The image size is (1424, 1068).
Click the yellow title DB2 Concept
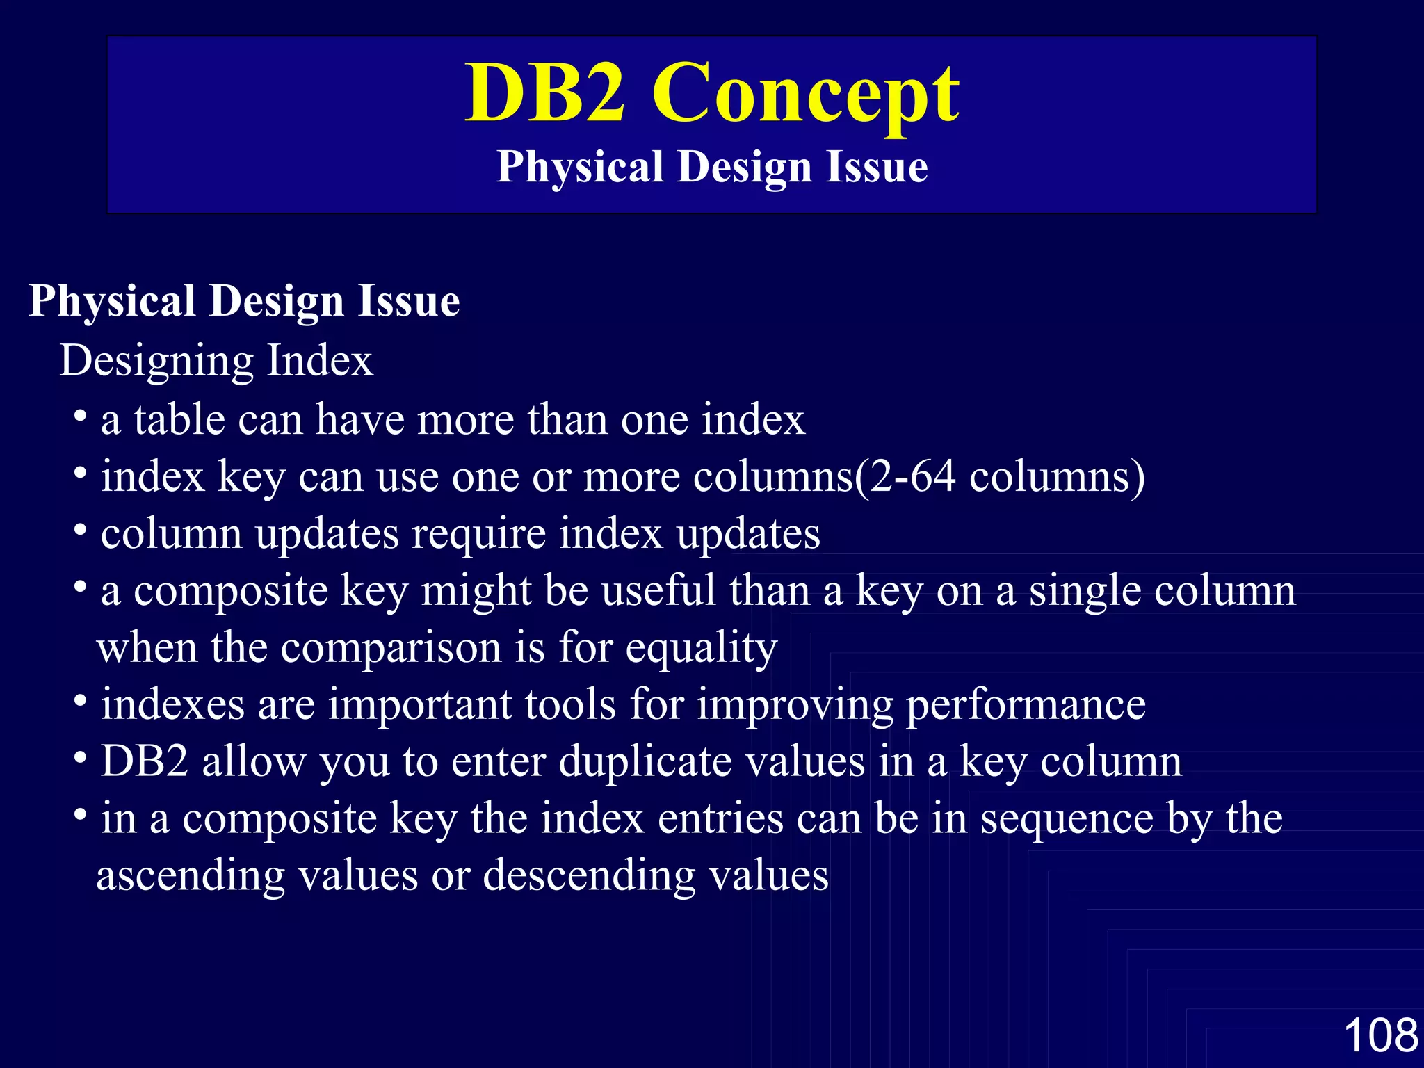coord(712,94)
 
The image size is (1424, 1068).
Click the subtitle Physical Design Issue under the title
coord(712,168)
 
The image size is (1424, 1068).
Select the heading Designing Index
coord(216,361)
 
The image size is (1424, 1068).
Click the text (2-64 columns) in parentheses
coord(999,478)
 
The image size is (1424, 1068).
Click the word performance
coord(1026,705)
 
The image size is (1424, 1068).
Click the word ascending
coord(191,876)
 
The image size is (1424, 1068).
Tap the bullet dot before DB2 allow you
coord(81,759)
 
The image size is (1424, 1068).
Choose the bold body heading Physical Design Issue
coord(244,302)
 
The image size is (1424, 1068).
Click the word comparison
coord(391,648)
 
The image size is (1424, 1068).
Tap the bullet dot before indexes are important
coord(81,702)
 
